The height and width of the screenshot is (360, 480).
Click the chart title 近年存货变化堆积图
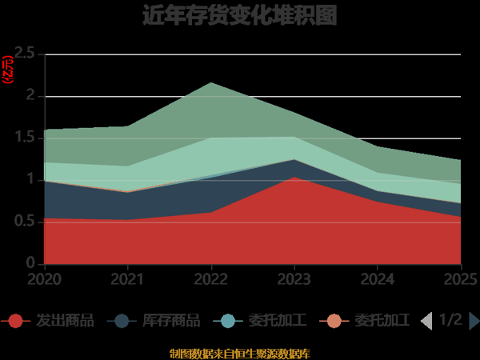click(239, 15)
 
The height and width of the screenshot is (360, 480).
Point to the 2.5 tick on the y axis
click(25, 54)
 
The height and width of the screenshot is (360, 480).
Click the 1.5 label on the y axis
click(25, 138)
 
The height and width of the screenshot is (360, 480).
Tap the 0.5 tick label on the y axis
click(25, 222)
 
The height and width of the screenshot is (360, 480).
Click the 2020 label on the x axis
click(45, 279)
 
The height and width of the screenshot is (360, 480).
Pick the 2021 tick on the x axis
click(128, 279)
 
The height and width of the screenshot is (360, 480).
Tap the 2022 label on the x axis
click(211, 279)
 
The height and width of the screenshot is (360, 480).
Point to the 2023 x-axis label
click(294, 279)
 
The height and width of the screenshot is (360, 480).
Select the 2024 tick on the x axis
click(378, 279)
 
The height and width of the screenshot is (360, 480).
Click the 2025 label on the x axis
click(461, 279)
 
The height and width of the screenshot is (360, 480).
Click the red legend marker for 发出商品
click(15, 321)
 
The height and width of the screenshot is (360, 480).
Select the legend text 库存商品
click(170, 321)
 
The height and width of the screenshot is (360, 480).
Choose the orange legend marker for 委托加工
click(334, 321)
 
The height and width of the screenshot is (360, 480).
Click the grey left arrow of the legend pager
click(426, 321)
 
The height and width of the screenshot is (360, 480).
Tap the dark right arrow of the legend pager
click(474, 321)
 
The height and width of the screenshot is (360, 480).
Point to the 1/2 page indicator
click(450, 320)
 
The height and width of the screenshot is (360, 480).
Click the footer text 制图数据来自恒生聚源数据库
click(239, 353)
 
